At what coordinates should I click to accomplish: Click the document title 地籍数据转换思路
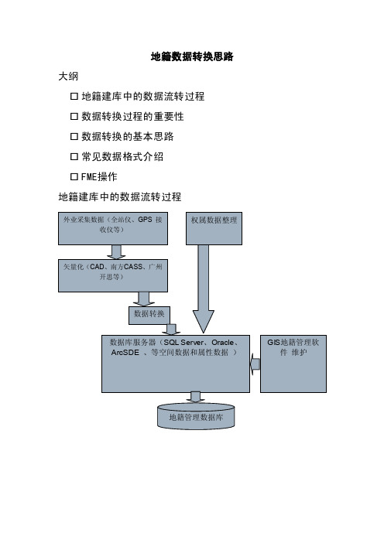192,56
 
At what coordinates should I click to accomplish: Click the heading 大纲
68,76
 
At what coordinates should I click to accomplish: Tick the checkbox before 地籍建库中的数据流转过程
74,96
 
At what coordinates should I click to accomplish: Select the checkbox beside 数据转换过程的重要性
74,116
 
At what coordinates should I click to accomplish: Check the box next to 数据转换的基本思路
74,136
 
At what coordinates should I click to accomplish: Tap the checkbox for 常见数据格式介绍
74,156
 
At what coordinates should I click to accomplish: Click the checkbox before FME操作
74,176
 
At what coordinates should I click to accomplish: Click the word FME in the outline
89,176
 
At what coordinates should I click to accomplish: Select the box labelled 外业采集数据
113,228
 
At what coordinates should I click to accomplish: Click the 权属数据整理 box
214,228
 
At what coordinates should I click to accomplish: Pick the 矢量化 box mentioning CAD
113,275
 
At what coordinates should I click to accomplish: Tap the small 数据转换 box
149,316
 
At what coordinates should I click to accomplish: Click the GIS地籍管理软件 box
293,364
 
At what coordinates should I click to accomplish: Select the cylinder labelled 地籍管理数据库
196,417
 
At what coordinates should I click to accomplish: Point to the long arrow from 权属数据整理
203,289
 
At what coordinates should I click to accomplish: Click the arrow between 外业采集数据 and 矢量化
116,252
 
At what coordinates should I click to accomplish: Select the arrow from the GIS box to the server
255,364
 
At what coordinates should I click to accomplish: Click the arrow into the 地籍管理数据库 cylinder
195,398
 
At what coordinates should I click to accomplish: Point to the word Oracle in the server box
222,343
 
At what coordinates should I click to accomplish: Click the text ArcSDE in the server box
125,353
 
